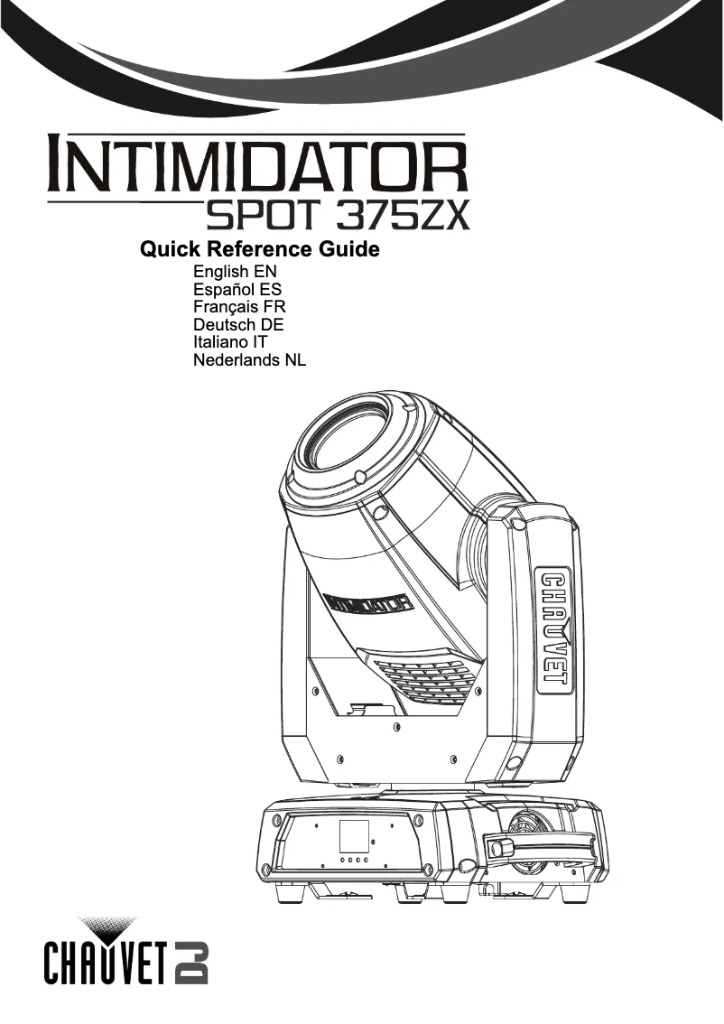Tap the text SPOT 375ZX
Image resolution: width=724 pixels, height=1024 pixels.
[x=337, y=215]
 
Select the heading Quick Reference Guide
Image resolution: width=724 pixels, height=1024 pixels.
[x=259, y=249]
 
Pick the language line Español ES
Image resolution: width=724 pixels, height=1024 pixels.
[x=237, y=290]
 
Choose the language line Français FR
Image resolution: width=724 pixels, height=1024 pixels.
[x=239, y=307]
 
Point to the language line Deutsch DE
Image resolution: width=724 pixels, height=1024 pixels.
[x=238, y=325]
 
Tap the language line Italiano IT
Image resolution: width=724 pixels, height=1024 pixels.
[x=229, y=343]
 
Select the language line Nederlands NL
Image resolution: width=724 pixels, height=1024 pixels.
[x=250, y=361]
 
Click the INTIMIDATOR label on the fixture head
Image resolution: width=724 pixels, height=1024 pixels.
[x=368, y=602]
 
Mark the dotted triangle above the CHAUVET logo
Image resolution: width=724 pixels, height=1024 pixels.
[x=109, y=926]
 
